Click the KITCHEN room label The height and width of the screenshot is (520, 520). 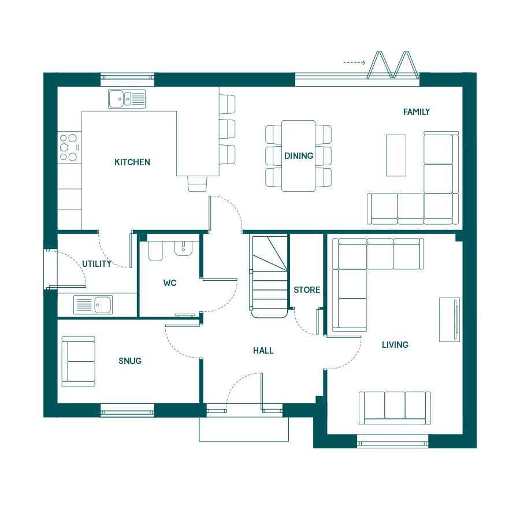coord(132,162)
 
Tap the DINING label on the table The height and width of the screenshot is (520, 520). coord(299,155)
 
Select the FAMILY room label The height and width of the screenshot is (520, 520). coord(417,112)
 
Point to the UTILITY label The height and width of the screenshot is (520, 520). coord(96,264)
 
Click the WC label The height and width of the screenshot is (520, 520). coord(170,283)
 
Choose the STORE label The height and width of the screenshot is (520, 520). coord(307,290)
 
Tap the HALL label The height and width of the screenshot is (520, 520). coord(263,351)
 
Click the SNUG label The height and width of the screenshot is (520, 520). coord(130,361)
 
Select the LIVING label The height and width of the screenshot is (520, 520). coord(395,345)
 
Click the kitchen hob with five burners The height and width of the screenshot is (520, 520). coord(70,147)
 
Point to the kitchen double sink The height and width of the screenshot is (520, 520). coord(127,98)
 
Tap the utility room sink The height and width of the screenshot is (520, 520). coord(93,304)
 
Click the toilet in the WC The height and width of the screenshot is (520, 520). coord(155,251)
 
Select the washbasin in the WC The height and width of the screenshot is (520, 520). coord(183,248)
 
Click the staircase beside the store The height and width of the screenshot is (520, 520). coord(269,277)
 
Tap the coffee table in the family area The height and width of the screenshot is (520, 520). coord(396,155)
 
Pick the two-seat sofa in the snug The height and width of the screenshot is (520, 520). coord(79,362)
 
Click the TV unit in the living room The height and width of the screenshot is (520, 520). coord(450,320)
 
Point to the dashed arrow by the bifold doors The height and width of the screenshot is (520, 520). coord(355,62)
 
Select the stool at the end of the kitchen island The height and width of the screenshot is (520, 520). coord(198,183)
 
